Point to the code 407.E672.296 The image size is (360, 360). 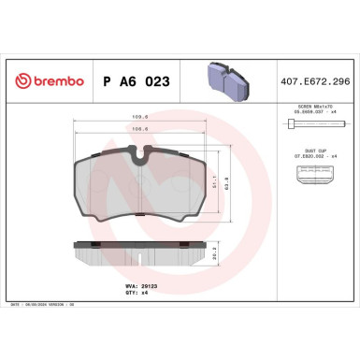310,82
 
